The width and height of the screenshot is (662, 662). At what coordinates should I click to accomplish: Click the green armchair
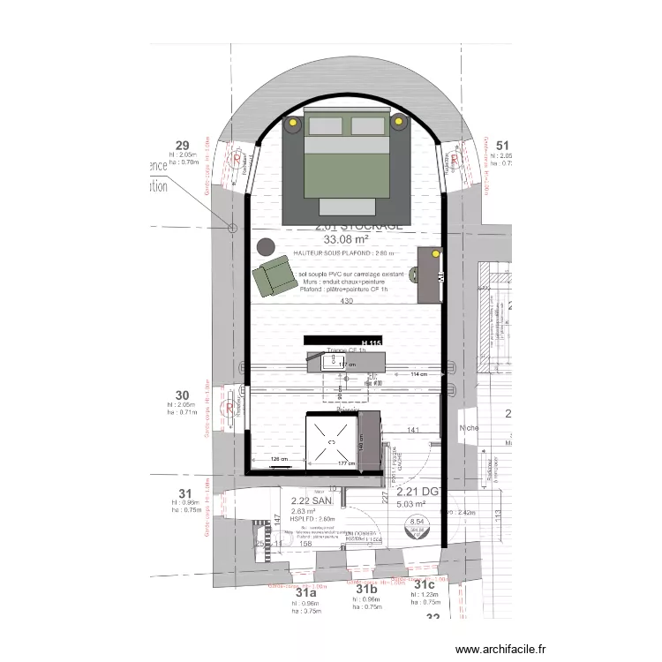click(x=271, y=277)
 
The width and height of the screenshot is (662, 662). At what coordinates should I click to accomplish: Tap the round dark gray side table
click(x=264, y=248)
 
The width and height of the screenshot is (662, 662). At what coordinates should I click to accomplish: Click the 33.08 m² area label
click(x=347, y=239)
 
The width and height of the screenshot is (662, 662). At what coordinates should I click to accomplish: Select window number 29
click(x=183, y=146)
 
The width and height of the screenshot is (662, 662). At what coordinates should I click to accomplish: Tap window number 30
click(x=183, y=395)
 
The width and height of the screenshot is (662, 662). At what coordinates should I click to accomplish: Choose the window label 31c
click(x=425, y=585)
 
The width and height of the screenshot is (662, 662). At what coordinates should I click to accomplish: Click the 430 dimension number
click(x=346, y=302)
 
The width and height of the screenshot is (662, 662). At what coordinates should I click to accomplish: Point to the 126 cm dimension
click(x=279, y=459)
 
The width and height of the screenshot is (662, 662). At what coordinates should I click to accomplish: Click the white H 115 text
click(x=371, y=342)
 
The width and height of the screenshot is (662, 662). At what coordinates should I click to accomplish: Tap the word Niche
click(x=470, y=428)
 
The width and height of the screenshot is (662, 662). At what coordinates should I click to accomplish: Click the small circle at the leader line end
click(x=233, y=228)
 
